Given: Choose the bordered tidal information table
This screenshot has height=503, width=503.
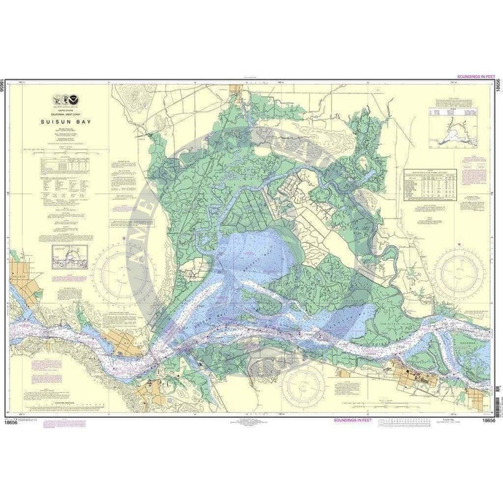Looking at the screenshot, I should (x=430, y=182).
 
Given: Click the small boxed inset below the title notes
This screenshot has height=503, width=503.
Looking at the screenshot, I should (x=69, y=257).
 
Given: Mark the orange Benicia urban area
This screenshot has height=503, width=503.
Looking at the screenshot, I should (x=131, y=343).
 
